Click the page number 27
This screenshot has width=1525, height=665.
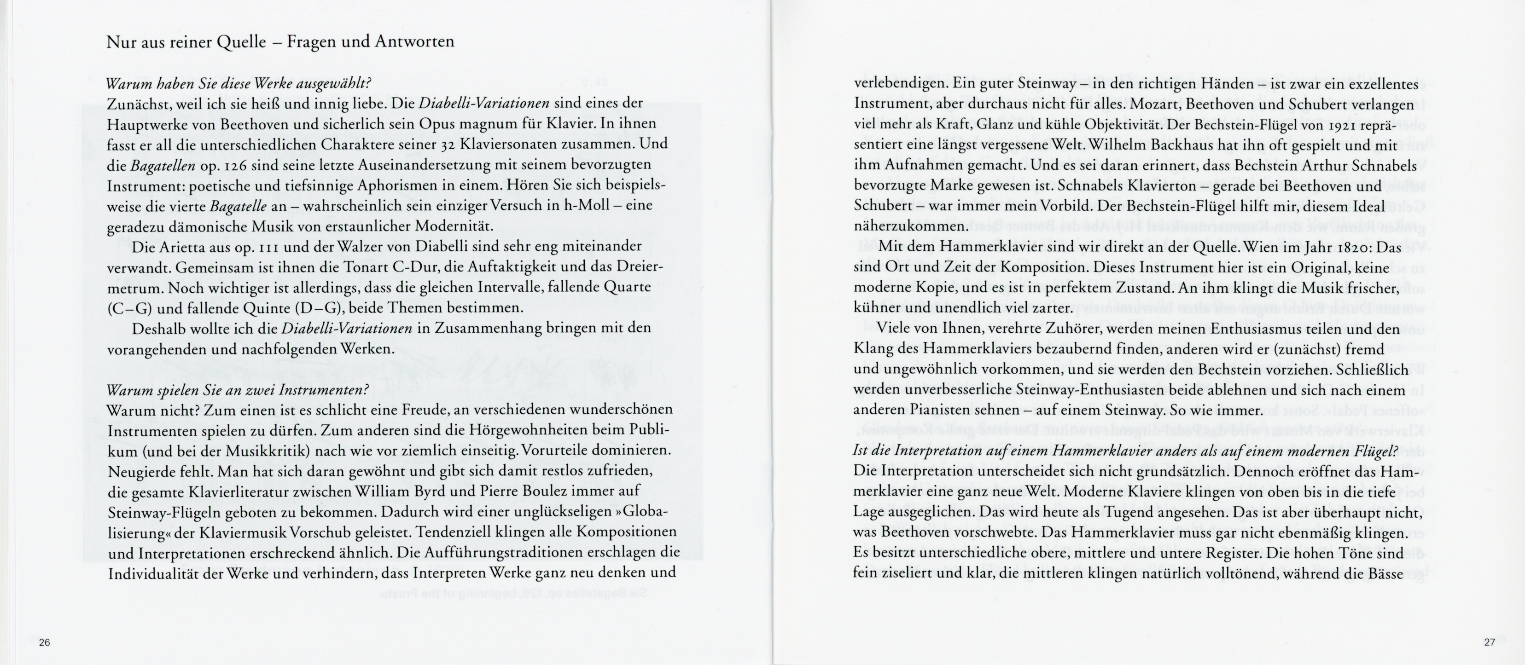coord(1490,642)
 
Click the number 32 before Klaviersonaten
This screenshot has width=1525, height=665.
coord(448,145)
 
